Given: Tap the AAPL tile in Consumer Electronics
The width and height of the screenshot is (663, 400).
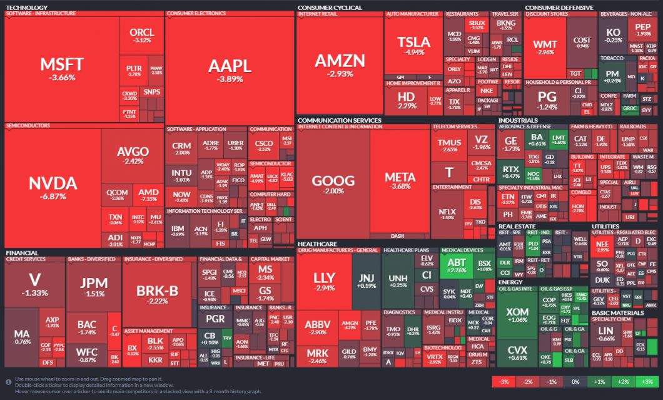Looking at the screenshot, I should coord(230,69).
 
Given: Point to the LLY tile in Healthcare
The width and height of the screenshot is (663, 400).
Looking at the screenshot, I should coord(325,281).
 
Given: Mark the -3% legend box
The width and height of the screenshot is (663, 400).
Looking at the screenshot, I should coord(504,382).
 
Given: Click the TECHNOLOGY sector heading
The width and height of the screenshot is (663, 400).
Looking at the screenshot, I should coord(26,8).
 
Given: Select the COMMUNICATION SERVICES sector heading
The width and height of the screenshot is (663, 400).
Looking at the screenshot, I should coord(339,120).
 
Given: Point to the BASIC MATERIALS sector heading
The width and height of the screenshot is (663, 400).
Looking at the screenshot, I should coord(617,312).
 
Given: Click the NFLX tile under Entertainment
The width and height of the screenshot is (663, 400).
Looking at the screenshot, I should coord(447,213).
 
